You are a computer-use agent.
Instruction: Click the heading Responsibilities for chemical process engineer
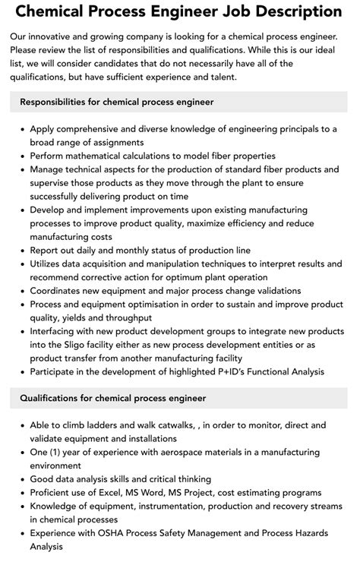coord(116,101)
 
